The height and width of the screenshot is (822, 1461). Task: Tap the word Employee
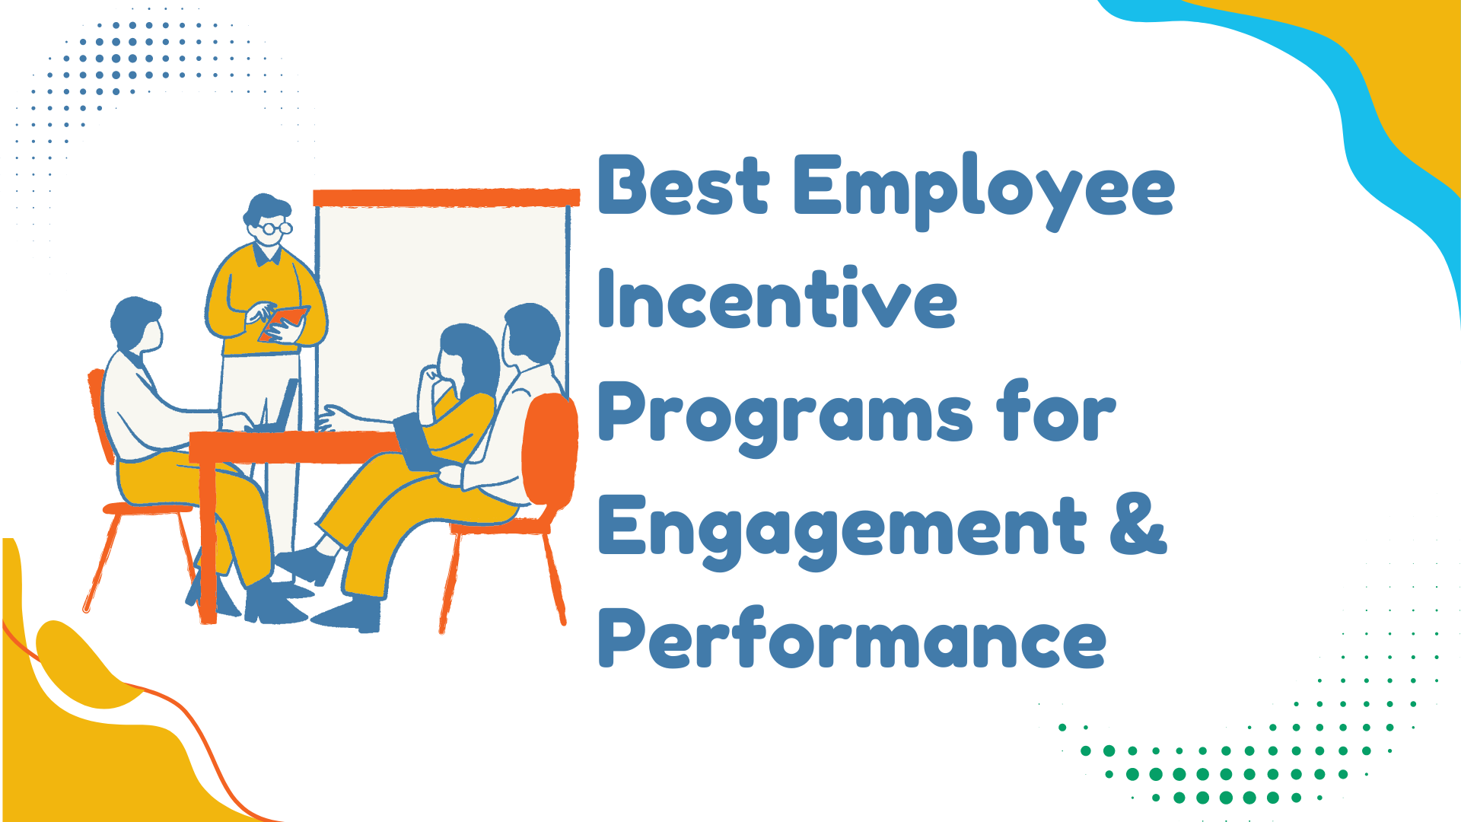click(983, 189)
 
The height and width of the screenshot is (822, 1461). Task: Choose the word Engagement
click(842, 528)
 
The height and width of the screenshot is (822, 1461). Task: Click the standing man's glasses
click(272, 227)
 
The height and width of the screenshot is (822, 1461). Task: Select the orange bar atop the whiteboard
click(446, 198)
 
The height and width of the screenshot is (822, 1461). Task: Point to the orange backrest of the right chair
click(549, 449)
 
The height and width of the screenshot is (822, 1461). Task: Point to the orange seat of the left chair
click(148, 508)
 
